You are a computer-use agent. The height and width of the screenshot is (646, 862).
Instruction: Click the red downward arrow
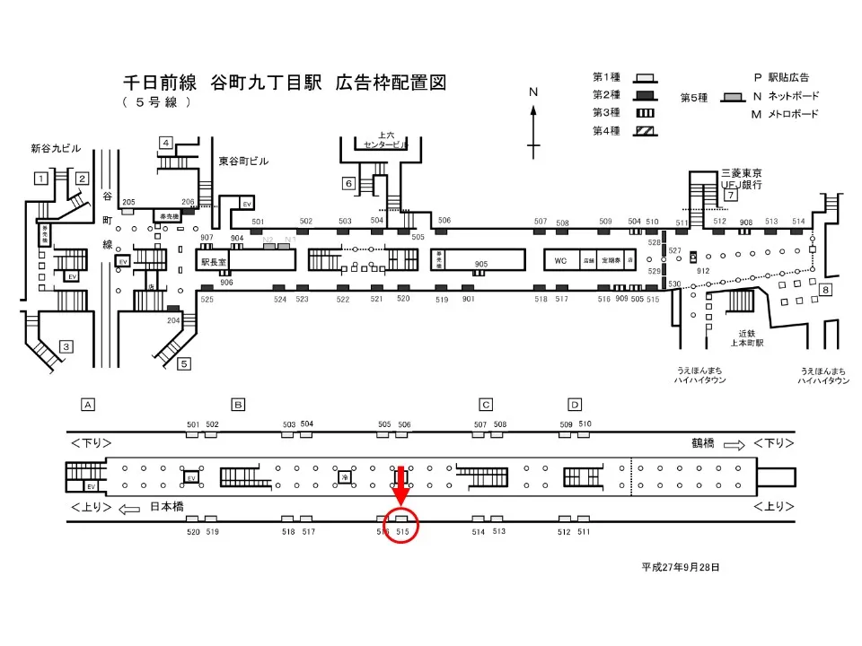401,489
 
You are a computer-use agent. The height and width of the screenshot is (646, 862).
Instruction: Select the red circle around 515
401,526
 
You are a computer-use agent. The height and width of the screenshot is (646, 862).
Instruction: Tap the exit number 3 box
66,346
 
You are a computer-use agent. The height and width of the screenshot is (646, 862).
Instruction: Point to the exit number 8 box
826,290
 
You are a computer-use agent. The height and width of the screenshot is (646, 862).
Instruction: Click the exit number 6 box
348,184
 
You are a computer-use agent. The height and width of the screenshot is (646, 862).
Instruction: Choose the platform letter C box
486,404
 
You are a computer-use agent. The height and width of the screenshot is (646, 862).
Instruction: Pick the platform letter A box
88,404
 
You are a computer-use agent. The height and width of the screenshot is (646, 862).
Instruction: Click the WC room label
560,260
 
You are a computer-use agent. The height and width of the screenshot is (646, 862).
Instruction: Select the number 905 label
481,264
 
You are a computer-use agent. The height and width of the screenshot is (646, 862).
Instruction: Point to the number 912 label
703,270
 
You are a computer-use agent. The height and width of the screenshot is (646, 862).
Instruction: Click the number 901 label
468,299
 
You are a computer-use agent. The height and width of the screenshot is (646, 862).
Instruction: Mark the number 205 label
128,203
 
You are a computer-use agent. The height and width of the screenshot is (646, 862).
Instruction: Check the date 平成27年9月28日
680,567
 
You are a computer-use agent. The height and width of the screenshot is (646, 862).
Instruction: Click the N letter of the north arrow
532,92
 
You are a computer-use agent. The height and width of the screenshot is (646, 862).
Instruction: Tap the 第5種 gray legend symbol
734,96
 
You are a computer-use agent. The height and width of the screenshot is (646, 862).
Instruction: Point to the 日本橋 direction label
167,507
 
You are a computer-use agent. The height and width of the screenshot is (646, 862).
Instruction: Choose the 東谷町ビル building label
243,161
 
